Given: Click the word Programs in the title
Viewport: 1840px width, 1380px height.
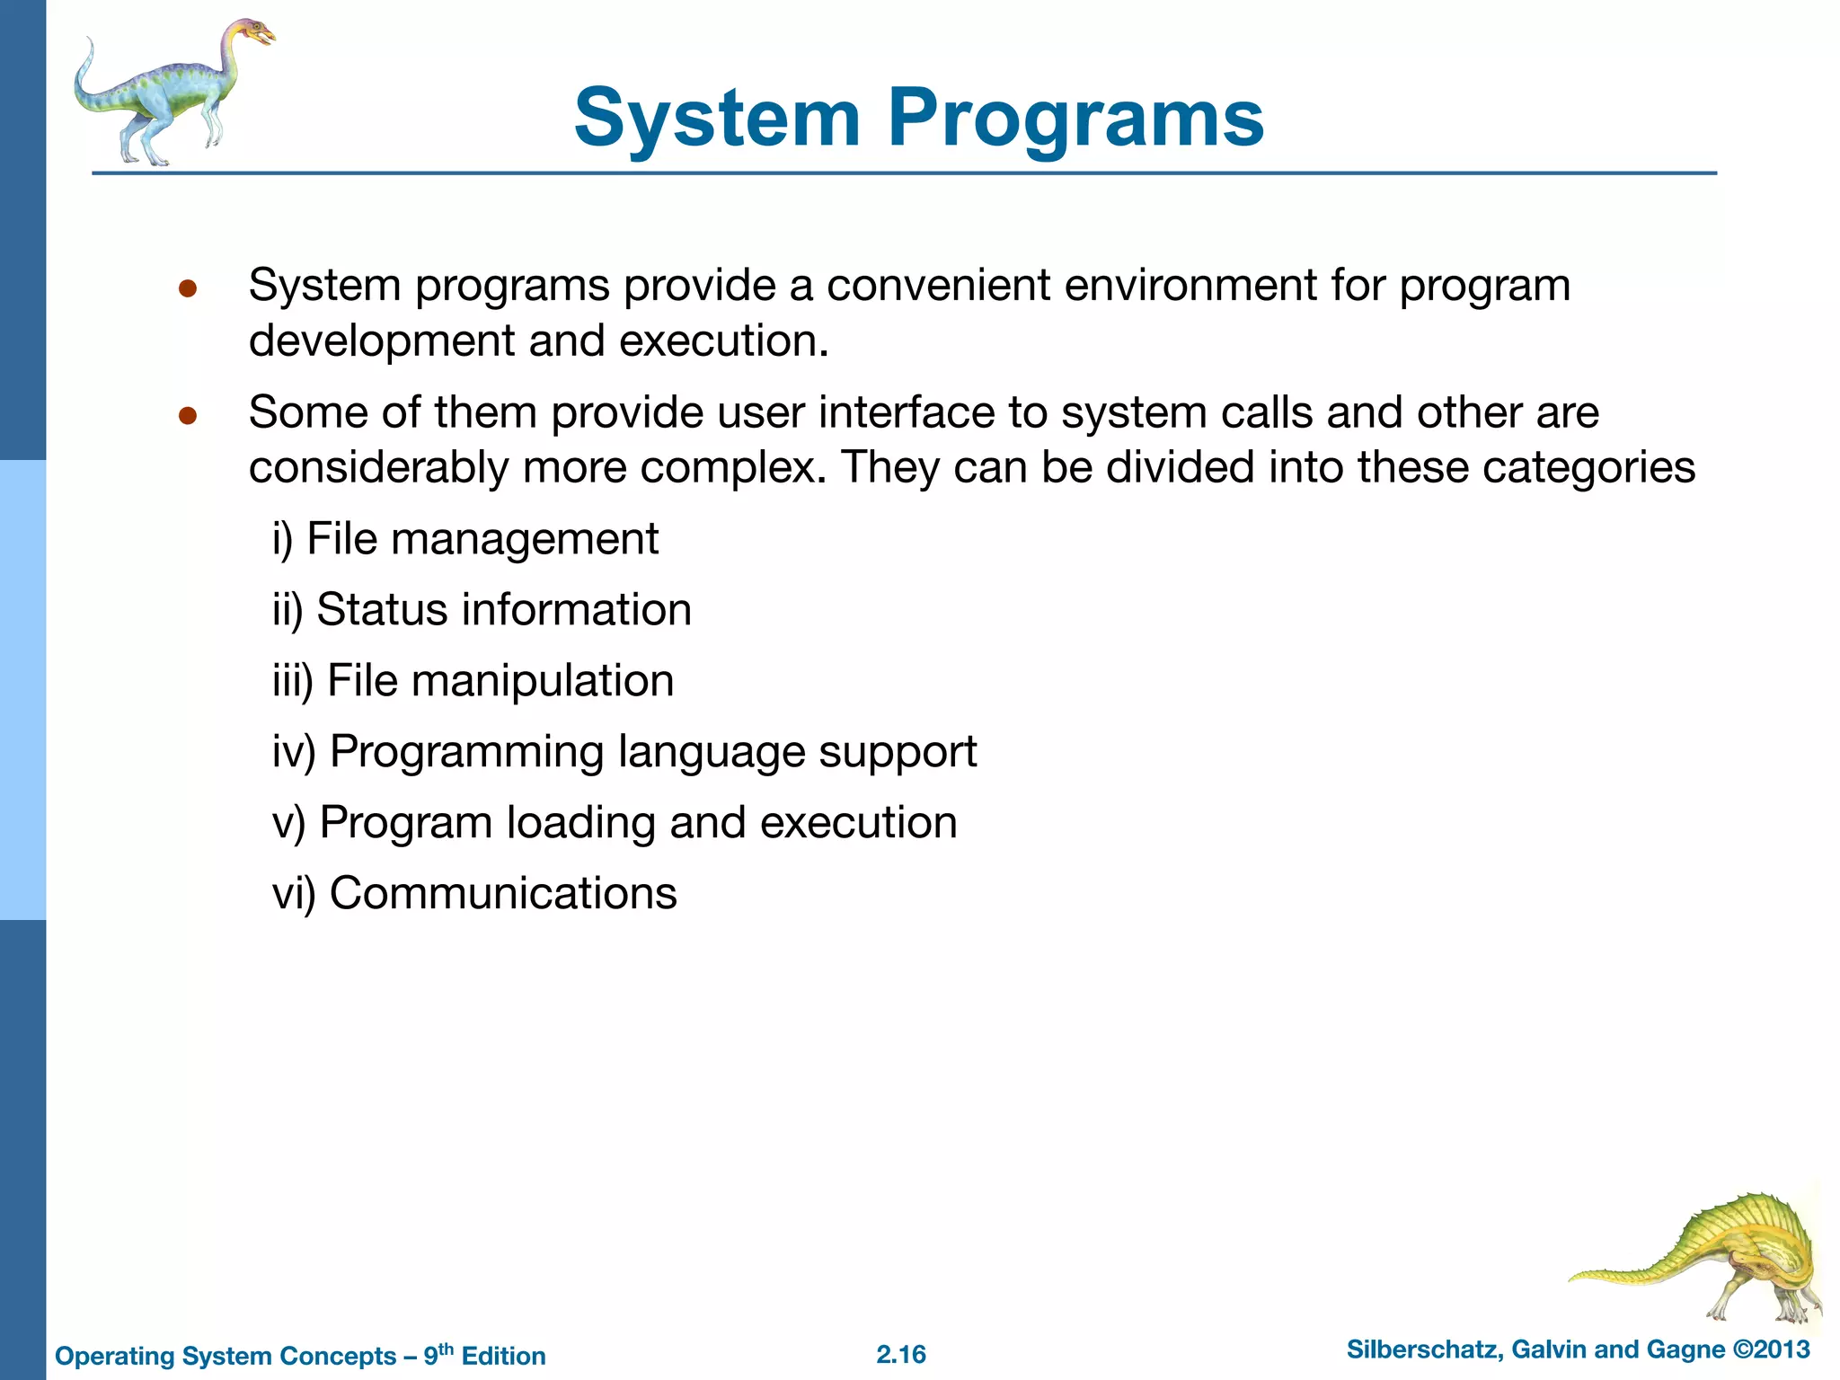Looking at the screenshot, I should click(1075, 119).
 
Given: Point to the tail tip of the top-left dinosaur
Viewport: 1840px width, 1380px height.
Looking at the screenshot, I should click(89, 41).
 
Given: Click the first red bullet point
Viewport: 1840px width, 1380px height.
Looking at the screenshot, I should click(187, 288).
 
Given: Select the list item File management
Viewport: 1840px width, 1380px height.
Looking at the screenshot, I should click(465, 540).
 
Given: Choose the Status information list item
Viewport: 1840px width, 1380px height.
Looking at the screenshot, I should click(482, 610).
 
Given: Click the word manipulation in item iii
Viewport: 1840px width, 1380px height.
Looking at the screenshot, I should click(543, 681).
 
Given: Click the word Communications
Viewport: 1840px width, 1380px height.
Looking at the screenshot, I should click(503, 894).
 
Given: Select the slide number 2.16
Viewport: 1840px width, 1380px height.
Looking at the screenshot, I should click(901, 1354).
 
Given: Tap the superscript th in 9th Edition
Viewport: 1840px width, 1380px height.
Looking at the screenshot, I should click(446, 1348).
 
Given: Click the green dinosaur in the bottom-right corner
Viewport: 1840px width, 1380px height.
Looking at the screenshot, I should click(1707, 1258).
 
